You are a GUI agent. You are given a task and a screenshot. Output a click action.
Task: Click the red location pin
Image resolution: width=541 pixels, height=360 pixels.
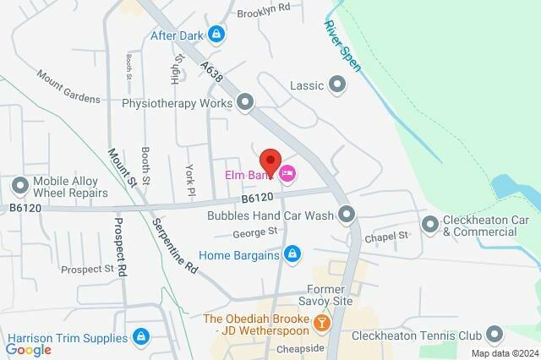coord(269,160)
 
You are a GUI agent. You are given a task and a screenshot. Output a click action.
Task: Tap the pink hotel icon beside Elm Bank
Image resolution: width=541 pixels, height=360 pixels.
coord(287,174)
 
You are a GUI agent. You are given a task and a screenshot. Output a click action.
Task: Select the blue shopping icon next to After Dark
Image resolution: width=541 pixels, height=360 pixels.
coord(217,35)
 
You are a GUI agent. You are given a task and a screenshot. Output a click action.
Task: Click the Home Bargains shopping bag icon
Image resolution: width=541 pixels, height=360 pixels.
coord(292,253)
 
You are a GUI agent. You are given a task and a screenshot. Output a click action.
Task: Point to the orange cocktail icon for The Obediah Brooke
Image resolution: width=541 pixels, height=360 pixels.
coord(321,323)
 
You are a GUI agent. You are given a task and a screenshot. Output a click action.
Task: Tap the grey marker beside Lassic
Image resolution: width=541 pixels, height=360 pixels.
coord(338,85)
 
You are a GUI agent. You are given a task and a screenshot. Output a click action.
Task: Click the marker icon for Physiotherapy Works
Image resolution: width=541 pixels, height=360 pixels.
coord(245,104)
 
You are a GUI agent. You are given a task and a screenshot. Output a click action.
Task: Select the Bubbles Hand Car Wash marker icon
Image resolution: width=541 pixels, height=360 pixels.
coord(346,214)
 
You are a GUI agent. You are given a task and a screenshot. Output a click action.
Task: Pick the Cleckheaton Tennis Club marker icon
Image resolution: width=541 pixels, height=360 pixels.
coord(495,335)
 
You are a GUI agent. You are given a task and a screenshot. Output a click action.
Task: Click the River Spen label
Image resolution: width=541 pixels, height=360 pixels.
coord(337,39)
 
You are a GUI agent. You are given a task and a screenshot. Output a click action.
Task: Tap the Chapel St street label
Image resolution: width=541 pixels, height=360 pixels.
coord(387,237)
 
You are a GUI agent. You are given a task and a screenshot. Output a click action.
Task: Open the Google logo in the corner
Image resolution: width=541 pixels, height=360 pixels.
coord(29,349)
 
